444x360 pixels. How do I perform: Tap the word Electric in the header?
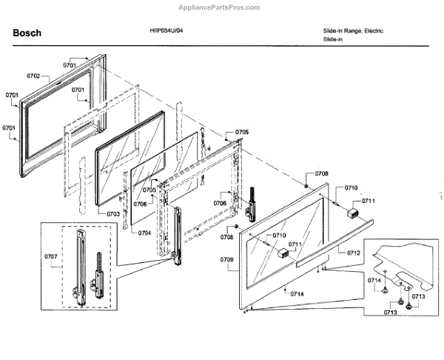pos(371,31)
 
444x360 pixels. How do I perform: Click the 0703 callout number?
pos(113,213)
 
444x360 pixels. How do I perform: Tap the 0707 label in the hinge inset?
pos(51,257)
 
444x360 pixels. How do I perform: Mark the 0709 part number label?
pos(227,259)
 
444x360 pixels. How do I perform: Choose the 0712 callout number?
pos(354,253)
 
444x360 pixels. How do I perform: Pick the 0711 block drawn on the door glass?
pos(283,252)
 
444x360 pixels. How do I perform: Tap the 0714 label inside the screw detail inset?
pos(375,281)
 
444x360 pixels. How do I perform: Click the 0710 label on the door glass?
pos(279,236)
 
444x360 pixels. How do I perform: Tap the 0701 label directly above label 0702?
pos(70,65)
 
